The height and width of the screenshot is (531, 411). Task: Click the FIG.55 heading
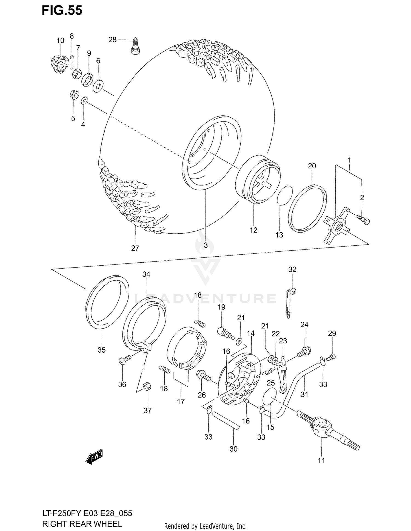62,11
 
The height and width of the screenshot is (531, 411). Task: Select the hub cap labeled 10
59,64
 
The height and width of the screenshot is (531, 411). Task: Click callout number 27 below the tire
135,248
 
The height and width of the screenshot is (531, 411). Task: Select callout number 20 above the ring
312,166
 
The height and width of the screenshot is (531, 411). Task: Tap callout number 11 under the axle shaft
321,460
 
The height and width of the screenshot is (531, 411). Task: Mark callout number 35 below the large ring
101,350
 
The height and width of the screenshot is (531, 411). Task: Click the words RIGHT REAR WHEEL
82,524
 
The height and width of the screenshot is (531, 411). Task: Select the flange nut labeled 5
73,95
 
